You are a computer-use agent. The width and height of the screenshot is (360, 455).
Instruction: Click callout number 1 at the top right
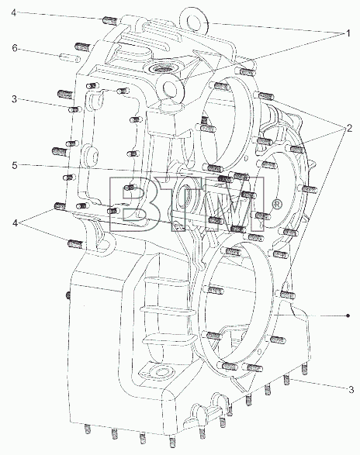tap(348, 33)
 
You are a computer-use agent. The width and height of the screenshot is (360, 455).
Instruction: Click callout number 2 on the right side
tap(348, 128)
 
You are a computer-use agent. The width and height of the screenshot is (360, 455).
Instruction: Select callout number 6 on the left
tap(15, 48)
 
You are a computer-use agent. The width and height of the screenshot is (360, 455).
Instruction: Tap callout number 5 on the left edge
tap(15, 165)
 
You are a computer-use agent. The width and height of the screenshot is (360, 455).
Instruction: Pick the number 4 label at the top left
tap(14, 12)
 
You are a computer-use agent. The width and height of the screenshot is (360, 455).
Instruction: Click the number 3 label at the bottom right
tap(351, 389)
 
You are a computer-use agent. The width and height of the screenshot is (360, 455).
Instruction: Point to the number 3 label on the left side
tap(15, 99)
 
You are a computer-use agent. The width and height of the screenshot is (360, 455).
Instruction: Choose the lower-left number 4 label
tap(15, 223)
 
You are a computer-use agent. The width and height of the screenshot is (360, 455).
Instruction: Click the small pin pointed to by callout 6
tap(70, 57)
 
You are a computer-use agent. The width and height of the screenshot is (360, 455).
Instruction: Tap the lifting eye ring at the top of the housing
tap(193, 22)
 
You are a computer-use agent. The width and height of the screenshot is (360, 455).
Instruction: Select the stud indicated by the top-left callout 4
tap(110, 21)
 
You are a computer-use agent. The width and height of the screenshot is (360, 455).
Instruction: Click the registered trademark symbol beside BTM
tap(277, 205)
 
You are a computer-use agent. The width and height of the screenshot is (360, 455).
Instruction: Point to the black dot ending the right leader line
tap(348, 315)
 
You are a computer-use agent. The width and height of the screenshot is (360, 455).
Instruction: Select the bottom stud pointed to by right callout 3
tap(287, 379)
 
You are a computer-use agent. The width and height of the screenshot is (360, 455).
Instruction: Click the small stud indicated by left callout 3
tap(75, 109)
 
